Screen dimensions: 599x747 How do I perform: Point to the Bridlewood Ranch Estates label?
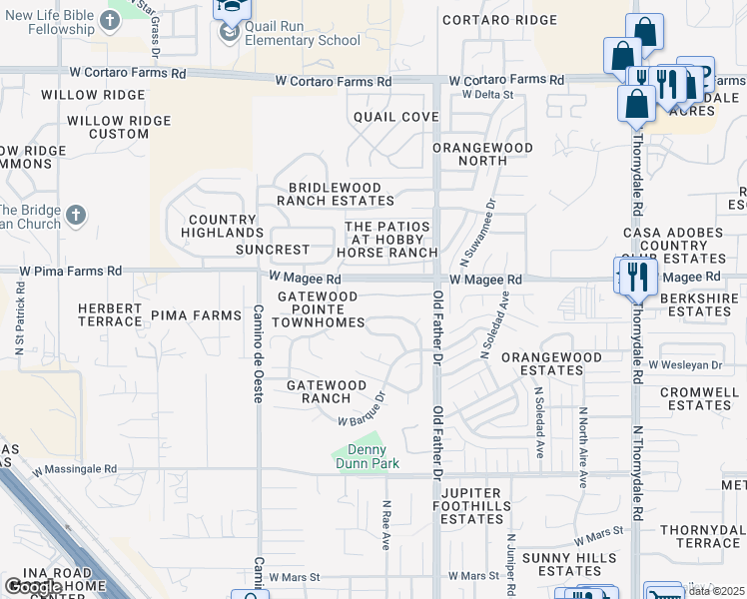point(336,194)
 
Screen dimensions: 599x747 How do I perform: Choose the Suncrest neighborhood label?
point(273,250)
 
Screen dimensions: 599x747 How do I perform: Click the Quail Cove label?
point(396,117)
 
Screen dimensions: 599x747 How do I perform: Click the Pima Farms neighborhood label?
point(197,315)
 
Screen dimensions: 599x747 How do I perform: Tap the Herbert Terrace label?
point(110,314)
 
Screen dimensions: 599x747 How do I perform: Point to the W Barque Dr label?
point(361,409)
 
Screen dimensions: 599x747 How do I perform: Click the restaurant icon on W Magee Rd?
point(639,276)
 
